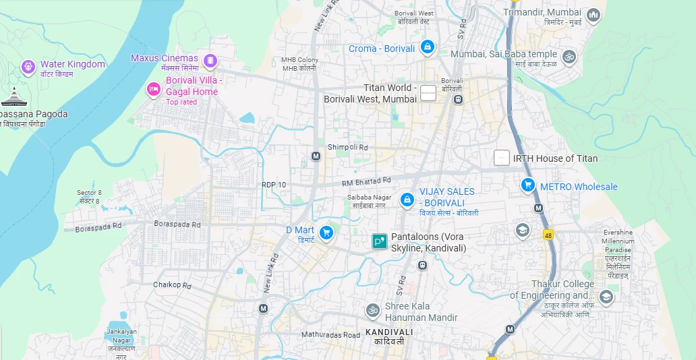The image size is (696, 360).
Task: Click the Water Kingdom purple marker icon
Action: click(x=28, y=65)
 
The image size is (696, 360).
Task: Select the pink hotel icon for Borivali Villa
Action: click(x=154, y=89)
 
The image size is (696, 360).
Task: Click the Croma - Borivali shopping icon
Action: click(x=426, y=47)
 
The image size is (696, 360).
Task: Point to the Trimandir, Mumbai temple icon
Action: click(x=593, y=14)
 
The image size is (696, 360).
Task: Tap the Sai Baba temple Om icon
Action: click(x=569, y=57)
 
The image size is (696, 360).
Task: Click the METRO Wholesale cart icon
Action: click(x=528, y=185)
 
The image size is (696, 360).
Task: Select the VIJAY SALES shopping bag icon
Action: click(x=407, y=200)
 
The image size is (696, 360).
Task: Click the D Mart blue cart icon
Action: click(x=326, y=233)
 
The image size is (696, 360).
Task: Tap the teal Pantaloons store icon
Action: click(x=380, y=241)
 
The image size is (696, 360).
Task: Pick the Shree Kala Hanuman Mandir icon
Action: click(x=372, y=310)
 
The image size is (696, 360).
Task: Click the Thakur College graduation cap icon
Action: click(x=606, y=297)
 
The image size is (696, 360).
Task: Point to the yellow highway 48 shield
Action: click(x=548, y=234)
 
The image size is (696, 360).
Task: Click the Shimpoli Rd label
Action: click(x=348, y=148)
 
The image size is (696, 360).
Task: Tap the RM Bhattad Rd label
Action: click(x=366, y=181)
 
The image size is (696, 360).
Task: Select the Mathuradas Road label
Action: click(x=330, y=335)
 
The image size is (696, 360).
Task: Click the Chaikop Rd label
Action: click(x=172, y=285)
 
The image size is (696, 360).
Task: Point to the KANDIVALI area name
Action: click(x=389, y=332)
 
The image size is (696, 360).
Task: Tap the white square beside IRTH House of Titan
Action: click(x=501, y=158)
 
